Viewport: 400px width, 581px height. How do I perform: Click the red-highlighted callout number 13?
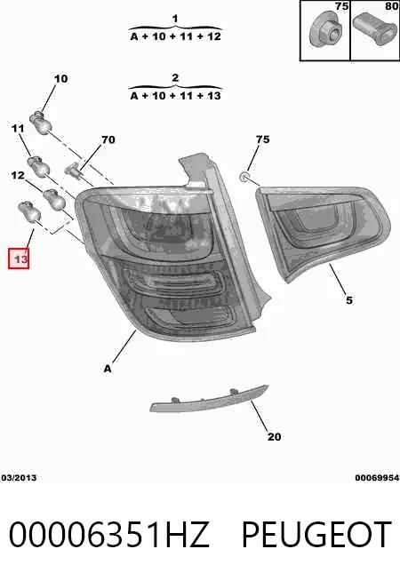tap(19, 259)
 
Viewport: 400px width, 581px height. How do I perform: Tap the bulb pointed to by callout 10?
tap(40, 123)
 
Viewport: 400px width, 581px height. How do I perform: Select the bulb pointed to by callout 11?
tap(38, 166)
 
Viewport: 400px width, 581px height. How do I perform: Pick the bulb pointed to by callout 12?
tap(54, 199)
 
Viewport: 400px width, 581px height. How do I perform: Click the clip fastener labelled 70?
tap(73, 170)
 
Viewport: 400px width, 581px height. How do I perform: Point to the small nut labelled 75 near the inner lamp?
tap(244, 177)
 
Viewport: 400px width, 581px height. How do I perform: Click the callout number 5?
tap(348, 300)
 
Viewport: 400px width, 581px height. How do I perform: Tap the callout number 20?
tap(274, 437)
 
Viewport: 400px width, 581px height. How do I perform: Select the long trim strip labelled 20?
tap(209, 400)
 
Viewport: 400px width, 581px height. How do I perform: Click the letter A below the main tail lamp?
tap(108, 369)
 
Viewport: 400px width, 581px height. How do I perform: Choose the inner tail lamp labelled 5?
tap(323, 233)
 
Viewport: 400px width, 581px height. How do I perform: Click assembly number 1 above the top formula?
tap(175, 19)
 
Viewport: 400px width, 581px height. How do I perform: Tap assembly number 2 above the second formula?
tap(175, 78)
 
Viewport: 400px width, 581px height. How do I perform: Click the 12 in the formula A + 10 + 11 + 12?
tap(213, 36)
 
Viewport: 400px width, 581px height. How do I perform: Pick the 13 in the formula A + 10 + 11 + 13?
tap(214, 96)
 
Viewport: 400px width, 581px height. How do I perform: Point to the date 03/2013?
tap(19, 478)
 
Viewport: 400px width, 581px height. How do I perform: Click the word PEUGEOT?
tap(316, 535)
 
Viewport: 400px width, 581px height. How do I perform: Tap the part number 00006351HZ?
tap(109, 535)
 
